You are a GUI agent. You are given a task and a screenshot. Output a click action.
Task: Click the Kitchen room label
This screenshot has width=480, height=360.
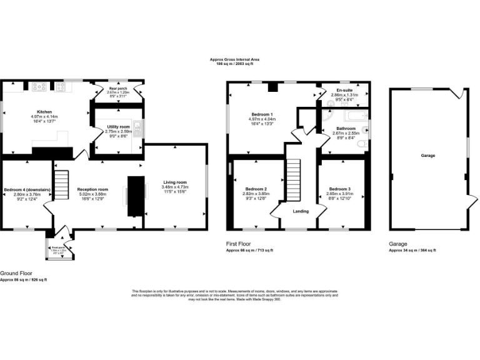(44, 111)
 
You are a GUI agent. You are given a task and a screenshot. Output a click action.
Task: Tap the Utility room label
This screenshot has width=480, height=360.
(117, 127)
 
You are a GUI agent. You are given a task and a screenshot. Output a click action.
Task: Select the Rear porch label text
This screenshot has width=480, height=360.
(117, 90)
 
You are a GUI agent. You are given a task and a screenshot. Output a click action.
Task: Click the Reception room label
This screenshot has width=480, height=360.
(92, 189)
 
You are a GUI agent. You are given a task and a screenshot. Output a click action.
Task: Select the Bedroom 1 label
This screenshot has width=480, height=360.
(262, 114)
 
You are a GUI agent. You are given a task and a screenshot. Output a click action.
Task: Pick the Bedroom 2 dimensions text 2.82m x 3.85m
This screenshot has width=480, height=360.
(256, 194)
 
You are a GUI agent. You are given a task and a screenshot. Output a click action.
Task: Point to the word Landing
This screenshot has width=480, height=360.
(301, 211)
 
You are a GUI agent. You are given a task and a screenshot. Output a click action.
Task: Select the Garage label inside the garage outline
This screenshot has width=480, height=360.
(428, 156)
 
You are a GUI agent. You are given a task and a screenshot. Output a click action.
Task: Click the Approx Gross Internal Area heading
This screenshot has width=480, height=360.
(234, 59)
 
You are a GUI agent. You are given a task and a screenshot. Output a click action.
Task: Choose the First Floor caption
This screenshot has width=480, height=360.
(239, 244)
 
